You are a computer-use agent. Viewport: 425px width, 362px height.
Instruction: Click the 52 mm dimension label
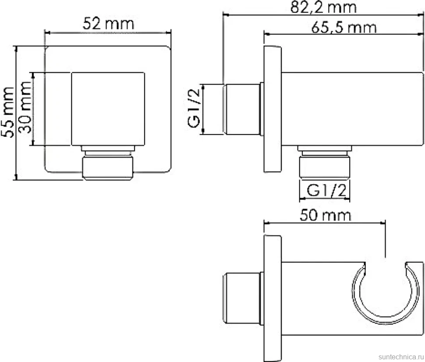coord(108,24)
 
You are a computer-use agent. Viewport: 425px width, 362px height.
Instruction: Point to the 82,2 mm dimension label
coord(323,7)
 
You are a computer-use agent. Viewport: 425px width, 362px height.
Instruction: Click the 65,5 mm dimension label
coord(344,27)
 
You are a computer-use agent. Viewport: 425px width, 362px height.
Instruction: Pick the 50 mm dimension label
coord(325,216)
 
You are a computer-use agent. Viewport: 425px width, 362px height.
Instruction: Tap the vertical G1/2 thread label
coord(194,108)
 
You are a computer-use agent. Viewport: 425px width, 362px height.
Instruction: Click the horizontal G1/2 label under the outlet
coord(326,190)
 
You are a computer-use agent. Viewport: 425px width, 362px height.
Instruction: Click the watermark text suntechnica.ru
coord(401,356)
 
